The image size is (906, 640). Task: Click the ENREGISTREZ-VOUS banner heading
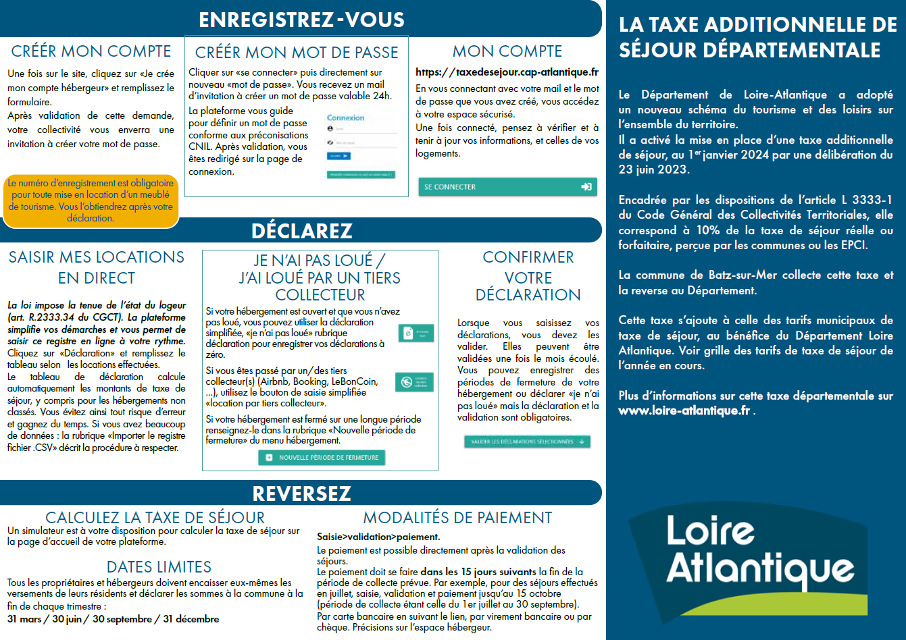301,20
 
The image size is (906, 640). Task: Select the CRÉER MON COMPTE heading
91,51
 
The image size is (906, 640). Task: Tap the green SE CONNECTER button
507,187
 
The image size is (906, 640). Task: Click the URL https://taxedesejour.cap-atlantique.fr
507,72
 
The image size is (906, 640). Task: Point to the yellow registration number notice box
91,201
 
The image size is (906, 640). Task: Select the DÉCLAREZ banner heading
301,231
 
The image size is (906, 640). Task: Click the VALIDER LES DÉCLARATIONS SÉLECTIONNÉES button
527,442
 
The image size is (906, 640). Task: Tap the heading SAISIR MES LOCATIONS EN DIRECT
96,267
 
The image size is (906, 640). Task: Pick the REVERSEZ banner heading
301,494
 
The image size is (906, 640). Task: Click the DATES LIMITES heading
159,567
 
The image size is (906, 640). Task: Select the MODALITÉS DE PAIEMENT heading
457,518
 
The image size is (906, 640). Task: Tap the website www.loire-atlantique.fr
684,410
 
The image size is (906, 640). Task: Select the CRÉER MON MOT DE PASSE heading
297,53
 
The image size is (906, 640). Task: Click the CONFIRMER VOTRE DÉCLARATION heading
528,276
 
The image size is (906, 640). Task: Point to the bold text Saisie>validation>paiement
378,537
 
